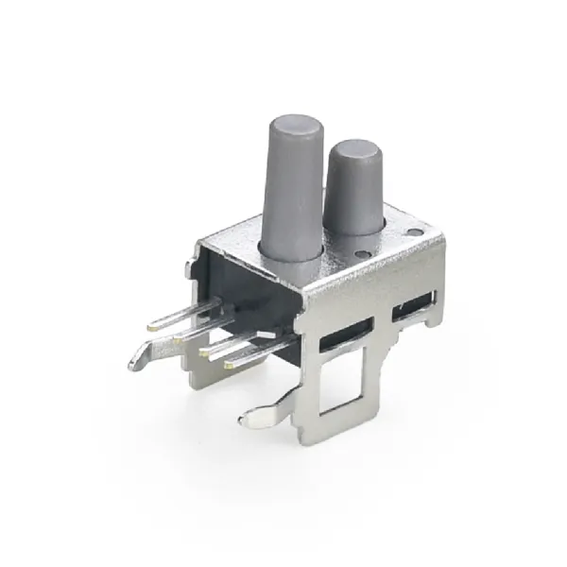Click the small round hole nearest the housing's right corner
click(413, 232)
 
